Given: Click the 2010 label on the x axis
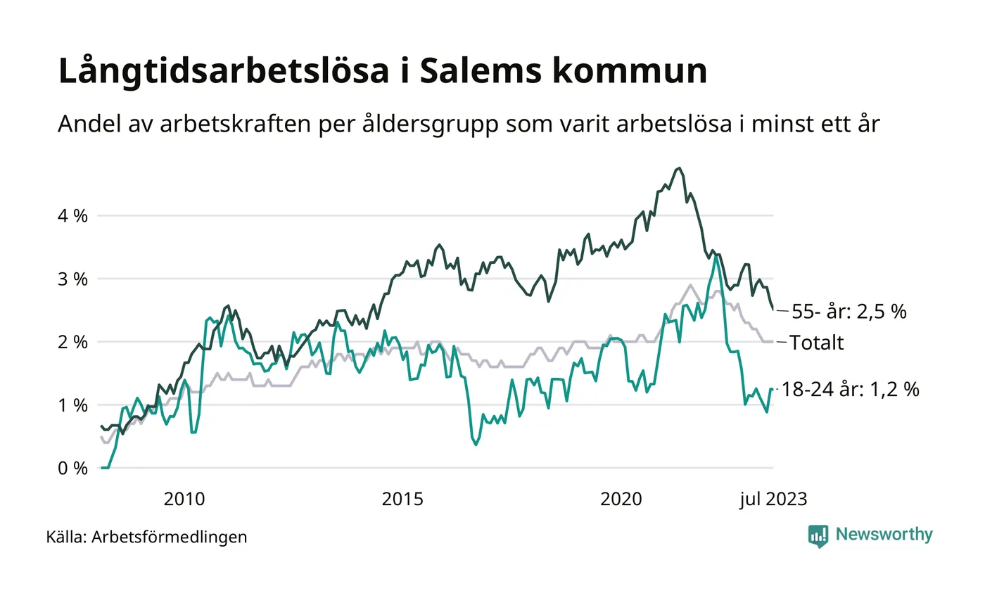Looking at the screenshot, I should (x=184, y=500).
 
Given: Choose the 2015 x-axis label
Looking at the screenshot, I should (x=403, y=500).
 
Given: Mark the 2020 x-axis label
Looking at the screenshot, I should (x=622, y=500).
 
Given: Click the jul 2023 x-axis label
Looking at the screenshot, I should (x=773, y=500).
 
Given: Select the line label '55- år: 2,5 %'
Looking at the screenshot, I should (x=849, y=312).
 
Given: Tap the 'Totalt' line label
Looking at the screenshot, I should (x=817, y=343).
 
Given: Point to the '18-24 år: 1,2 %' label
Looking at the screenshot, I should (x=851, y=390).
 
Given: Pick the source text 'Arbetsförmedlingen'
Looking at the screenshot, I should (x=170, y=538).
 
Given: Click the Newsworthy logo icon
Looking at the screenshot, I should (x=818, y=535).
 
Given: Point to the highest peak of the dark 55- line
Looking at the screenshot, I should (x=678, y=168).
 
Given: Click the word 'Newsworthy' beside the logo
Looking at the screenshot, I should (x=884, y=535).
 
